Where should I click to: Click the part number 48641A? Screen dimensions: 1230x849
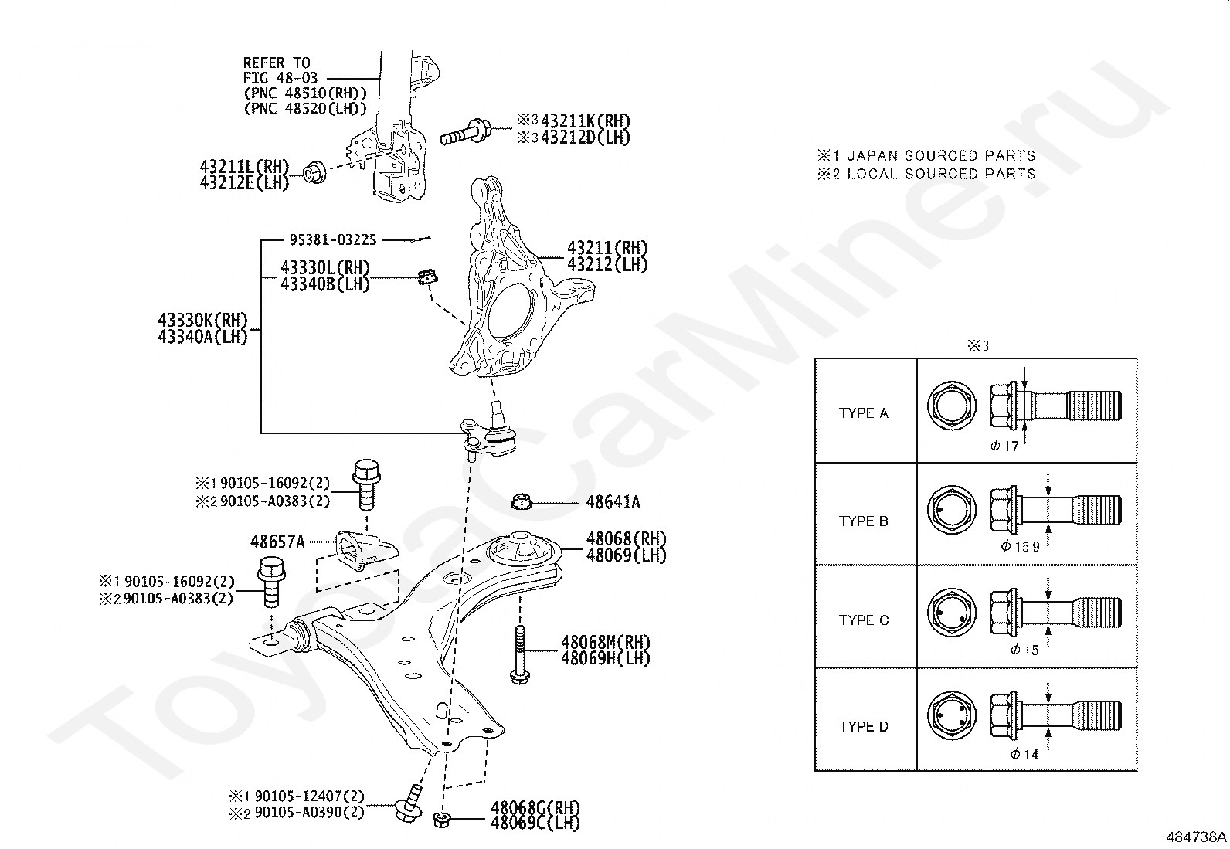pos(613,502)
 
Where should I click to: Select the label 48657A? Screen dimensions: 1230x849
pos(277,542)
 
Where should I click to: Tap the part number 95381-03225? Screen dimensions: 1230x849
pos(333,240)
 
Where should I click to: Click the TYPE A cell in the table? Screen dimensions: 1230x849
pos(866,411)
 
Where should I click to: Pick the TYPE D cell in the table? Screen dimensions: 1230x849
pos(866,719)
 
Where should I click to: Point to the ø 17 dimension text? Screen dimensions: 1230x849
pos(1004,446)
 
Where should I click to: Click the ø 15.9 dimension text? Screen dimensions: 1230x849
pos(1020,546)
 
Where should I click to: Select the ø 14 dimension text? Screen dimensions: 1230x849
pos(1024,754)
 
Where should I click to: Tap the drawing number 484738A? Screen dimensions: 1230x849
pos(1196,837)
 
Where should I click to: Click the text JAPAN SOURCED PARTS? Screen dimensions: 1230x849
pos(941,155)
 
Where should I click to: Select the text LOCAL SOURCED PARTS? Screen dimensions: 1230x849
pos(941,174)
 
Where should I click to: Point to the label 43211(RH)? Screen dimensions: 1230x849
pos(607,248)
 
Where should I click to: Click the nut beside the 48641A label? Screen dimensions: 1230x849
pos(521,501)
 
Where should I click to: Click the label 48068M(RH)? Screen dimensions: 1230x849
pos(605,642)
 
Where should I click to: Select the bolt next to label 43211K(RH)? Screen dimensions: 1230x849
pos(466,131)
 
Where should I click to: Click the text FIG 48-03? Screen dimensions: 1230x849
pos(280,78)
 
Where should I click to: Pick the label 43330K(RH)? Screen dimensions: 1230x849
pos(202,320)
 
